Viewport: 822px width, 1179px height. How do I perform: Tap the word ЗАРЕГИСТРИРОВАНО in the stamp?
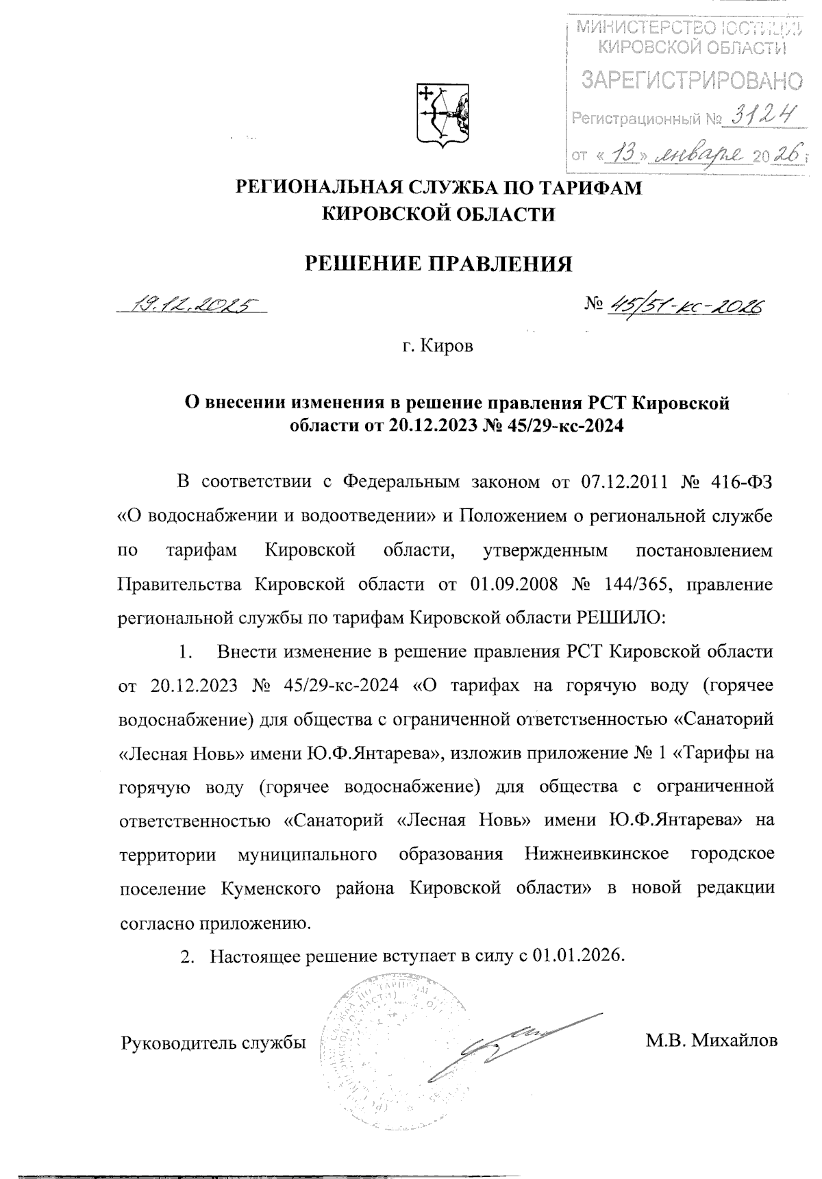click(x=691, y=81)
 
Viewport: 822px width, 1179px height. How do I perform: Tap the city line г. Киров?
click(x=438, y=347)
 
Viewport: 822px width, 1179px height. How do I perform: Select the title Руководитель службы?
click(x=213, y=1043)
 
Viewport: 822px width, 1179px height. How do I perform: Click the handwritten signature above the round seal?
click(x=507, y=1041)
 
